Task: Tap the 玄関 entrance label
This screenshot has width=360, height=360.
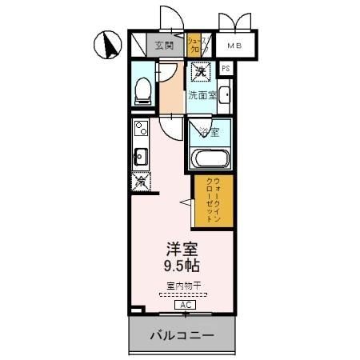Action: click(163, 45)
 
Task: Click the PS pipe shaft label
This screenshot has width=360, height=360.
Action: click(226, 69)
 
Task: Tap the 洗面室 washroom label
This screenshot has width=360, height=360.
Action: click(201, 95)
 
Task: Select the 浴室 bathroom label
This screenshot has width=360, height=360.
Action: click(210, 130)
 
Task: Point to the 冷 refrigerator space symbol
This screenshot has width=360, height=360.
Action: click(140, 181)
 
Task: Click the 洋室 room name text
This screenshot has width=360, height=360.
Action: click(182, 250)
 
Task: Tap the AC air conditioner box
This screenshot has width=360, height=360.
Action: click(183, 304)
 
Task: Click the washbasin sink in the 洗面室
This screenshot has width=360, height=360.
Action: click(223, 97)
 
